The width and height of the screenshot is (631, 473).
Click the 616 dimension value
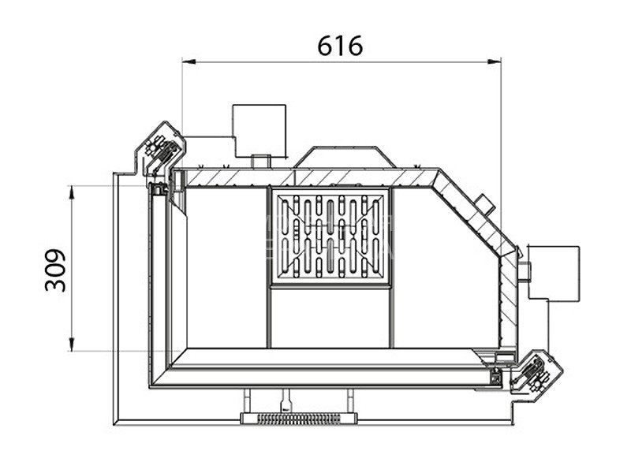340,47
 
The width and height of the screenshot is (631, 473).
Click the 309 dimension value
56,270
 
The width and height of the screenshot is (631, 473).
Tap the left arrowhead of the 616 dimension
187,60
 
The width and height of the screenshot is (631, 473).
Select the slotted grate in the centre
330,237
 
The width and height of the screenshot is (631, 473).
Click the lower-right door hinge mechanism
534,371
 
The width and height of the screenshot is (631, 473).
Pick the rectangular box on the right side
554,271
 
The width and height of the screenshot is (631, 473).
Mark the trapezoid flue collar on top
345,156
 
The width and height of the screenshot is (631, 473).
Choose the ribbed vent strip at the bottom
298,418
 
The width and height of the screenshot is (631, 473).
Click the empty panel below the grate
330,318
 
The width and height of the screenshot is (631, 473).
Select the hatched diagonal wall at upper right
473,214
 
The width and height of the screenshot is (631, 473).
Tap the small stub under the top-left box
260,161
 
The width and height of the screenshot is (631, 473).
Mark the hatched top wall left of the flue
229,177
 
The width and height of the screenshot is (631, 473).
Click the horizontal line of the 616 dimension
342,60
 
